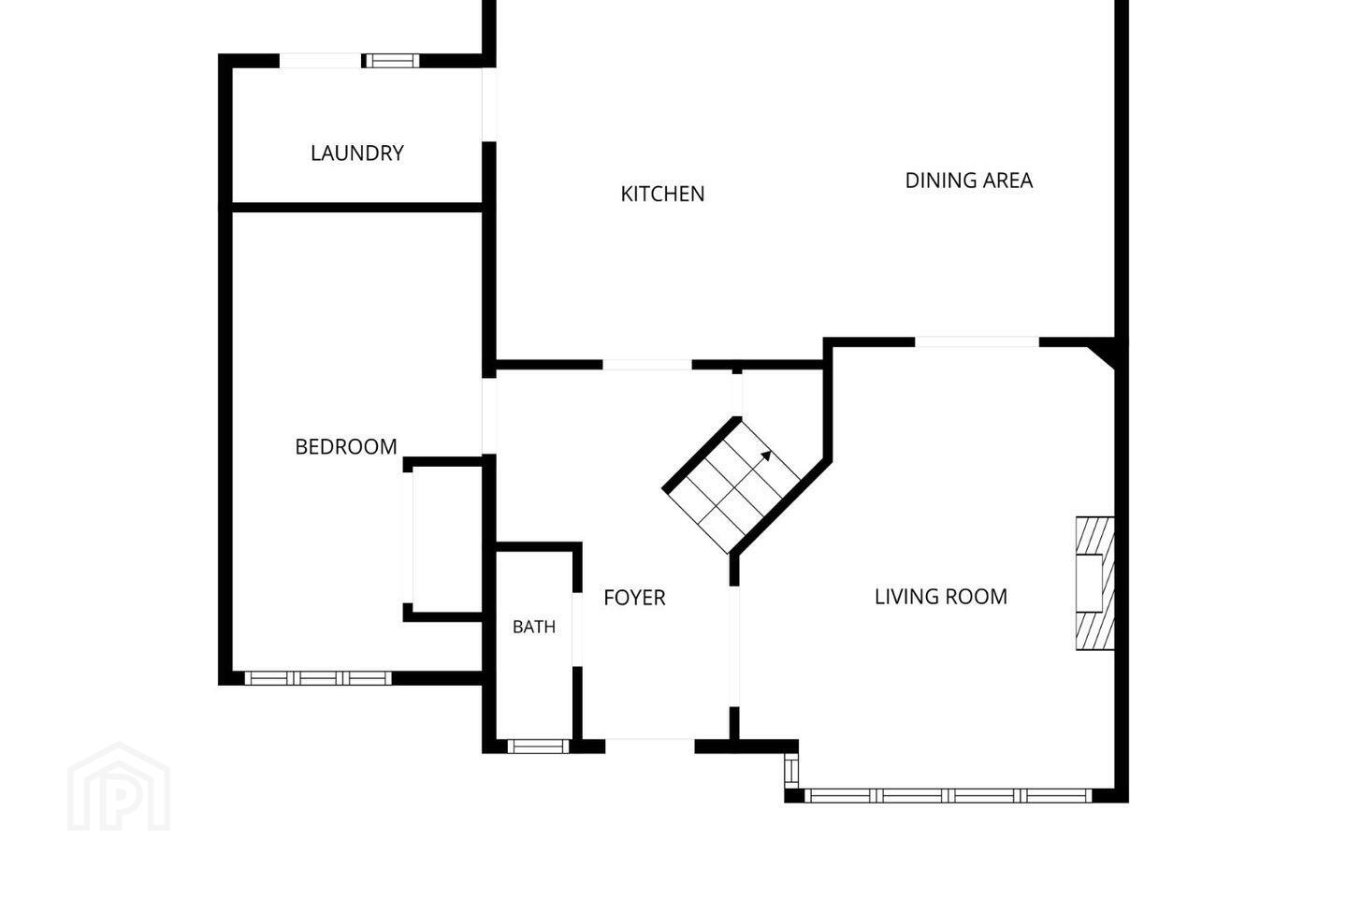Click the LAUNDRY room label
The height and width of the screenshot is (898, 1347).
[x=357, y=153]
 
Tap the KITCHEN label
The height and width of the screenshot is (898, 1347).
[x=662, y=194]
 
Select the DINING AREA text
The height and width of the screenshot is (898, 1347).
[x=969, y=181]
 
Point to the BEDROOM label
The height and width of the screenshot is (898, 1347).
[x=346, y=447]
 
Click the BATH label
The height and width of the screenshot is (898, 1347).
[x=534, y=627]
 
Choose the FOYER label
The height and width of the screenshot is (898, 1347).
[x=634, y=598]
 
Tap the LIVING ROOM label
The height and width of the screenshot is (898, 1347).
[x=940, y=597]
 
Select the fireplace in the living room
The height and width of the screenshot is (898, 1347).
[x=1095, y=584]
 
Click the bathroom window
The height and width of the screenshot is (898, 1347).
[x=538, y=746]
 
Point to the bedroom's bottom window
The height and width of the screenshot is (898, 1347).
[x=318, y=678]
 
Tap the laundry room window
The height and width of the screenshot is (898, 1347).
[x=393, y=61]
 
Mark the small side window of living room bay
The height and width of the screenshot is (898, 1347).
[x=791, y=771]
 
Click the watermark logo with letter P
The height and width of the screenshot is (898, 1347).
[x=119, y=788]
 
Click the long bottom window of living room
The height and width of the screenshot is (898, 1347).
[x=949, y=796]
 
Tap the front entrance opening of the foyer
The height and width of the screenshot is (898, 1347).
[x=650, y=746]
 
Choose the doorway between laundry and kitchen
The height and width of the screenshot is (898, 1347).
[x=489, y=105]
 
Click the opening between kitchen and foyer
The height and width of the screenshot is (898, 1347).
[x=647, y=365]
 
